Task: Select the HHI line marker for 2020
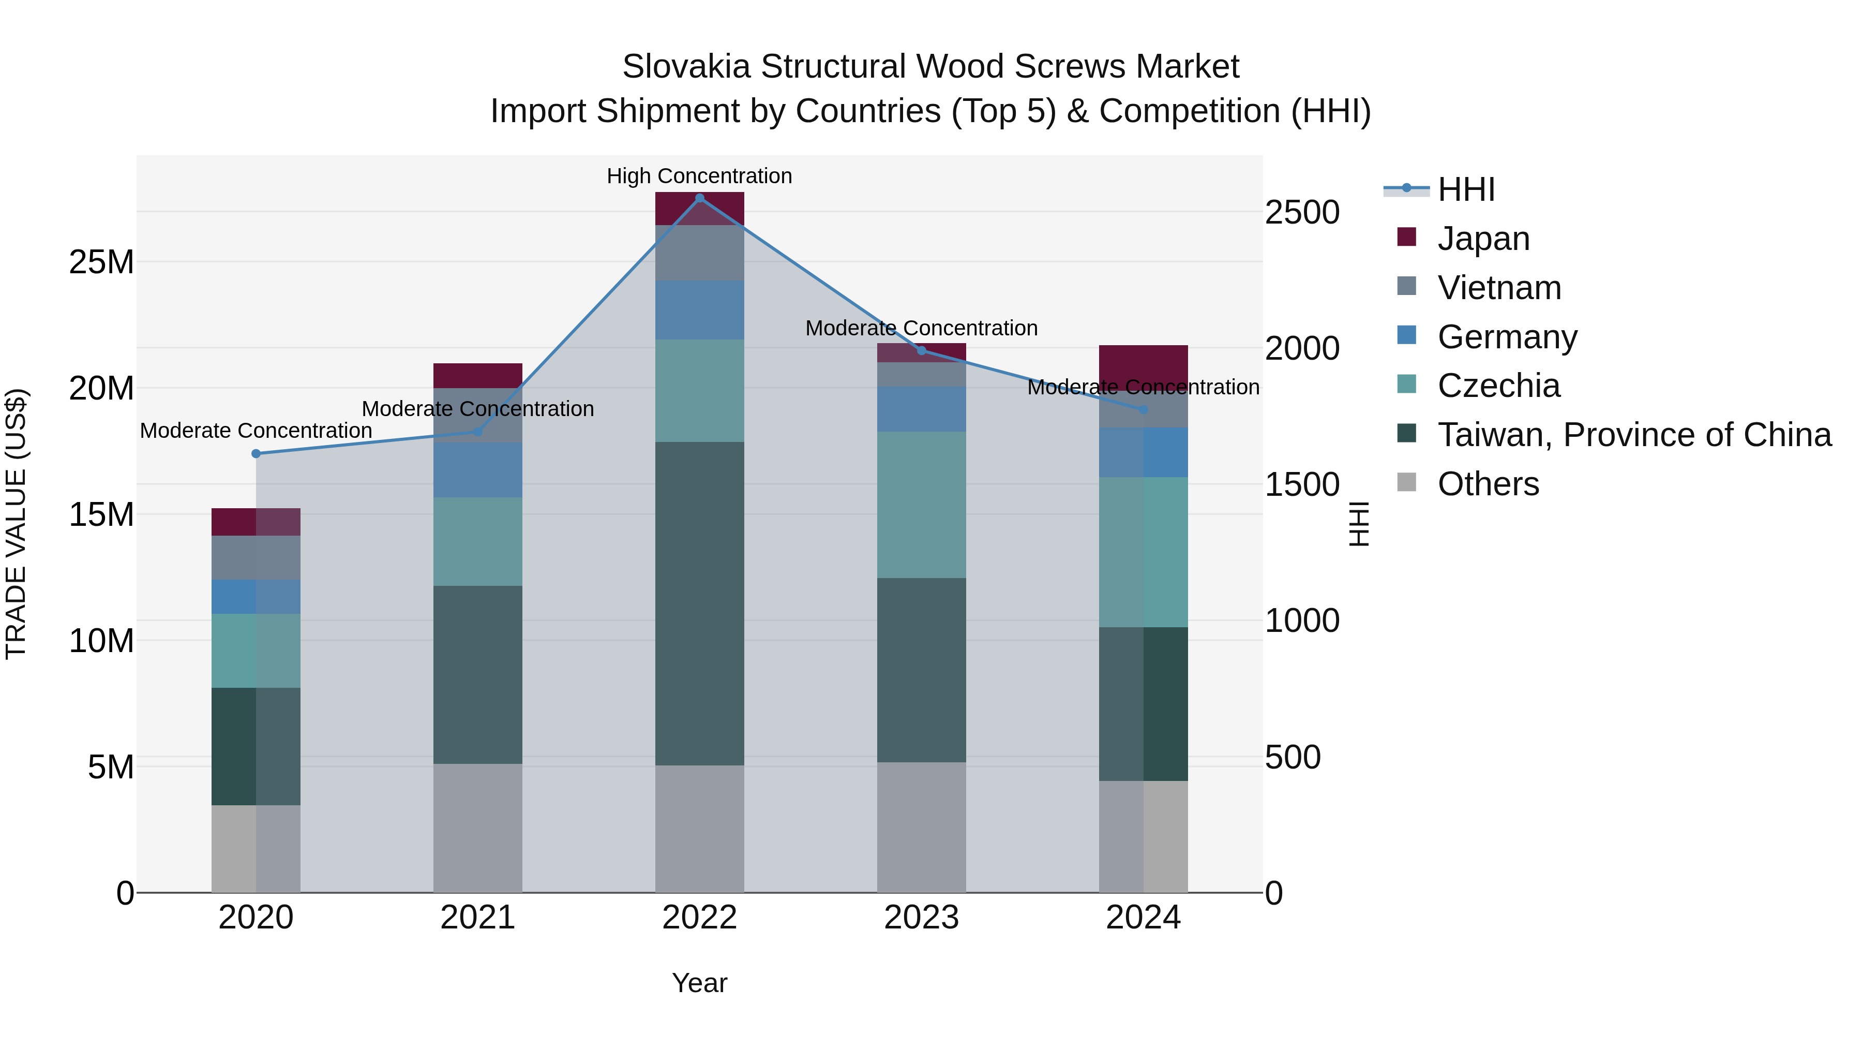[x=256, y=453]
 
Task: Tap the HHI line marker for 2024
[x=1144, y=409]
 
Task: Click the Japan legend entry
[x=1483, y=239]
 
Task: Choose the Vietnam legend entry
[x=1499, y=288]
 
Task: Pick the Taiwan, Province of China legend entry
[x=1633, y=435]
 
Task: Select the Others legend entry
[x=1488, y=484]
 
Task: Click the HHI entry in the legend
[x=1466, y=189]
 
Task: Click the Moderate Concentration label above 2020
[x=256, y=431]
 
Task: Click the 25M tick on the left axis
[x=101, y=262]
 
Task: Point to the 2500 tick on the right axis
[x=1302, y=213]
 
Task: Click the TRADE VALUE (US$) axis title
[x=16, y=524]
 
